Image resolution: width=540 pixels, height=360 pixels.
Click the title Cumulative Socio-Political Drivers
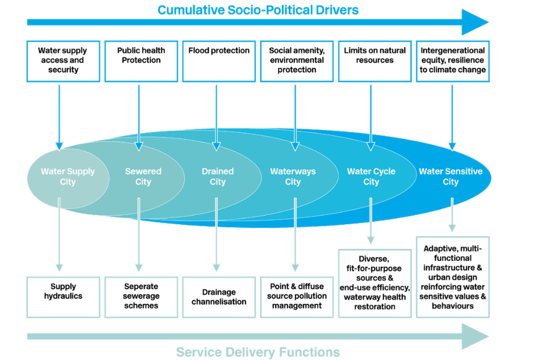[x=258, y=10]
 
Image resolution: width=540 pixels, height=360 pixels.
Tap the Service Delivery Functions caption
[x=258, y=352]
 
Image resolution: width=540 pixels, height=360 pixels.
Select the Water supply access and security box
[x=63, y=61]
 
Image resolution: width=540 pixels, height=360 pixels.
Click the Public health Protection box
[x=141, y=61]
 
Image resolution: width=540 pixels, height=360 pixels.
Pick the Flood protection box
[x=219, y=61]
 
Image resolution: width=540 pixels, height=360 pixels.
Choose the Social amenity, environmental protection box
[x=297, y=61]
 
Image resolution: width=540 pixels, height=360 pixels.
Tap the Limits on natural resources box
[x=375, y=61]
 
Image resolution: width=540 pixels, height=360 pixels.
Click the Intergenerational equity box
[x=453, y=61]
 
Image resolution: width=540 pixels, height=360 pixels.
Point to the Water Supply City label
[x=68, y=177]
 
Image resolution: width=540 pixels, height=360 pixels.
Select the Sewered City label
[x=143, y=177]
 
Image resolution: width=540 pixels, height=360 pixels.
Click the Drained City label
[x=218, y=177]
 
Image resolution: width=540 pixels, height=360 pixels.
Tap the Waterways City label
[x=292, y=177]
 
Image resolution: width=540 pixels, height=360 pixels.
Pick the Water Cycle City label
[x=371, y=177]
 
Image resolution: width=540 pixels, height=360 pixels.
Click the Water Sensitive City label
[x=451, y=177]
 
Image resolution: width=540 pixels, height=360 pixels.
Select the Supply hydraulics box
[x=63, y=296]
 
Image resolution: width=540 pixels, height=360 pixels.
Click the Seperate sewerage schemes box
[x=141, y=296]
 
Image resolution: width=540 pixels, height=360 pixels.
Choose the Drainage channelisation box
[x=219, y=296]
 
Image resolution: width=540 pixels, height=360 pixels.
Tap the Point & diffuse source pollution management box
[x=297, y=296]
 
